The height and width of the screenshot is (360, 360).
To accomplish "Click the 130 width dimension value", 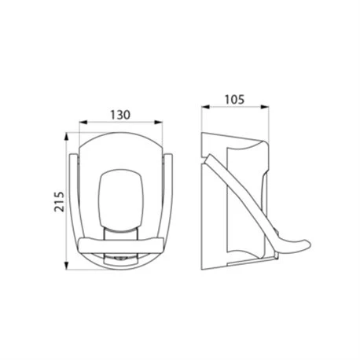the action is [120, 115].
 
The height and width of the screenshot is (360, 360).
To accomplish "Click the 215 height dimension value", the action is [59, 201].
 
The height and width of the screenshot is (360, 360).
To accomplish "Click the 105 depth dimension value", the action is [234, 99].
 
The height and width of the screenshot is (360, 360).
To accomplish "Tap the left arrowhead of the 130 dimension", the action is [83, 122].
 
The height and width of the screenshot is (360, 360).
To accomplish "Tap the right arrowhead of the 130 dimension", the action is [159, 122].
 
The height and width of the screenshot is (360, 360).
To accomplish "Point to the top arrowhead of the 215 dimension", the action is [67, 137].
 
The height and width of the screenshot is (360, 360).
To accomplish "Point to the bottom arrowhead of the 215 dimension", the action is [67, 266].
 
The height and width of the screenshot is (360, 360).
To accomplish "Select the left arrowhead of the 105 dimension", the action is [205, 107].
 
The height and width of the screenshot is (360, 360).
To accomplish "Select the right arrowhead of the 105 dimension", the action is [265, 107].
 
